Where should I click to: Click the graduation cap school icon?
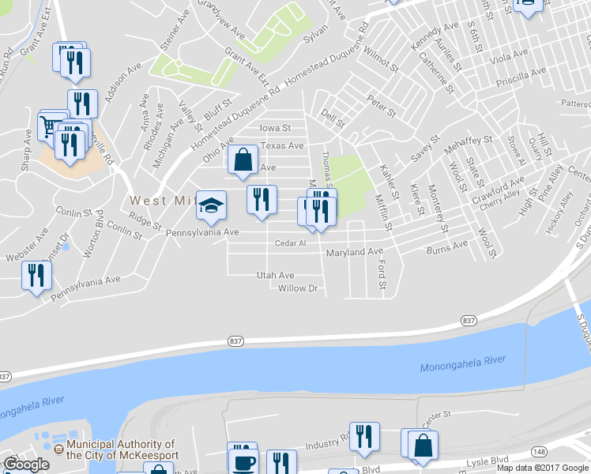point(211,205)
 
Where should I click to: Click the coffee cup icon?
point(243,462)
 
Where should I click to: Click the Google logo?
point(26,465)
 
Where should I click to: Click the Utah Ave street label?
point(275,275)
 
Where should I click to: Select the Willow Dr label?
point(297,288)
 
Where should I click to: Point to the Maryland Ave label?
point(354,252)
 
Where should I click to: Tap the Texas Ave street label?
point(282,146)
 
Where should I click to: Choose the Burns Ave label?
point(447,246)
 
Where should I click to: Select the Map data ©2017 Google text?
point(543,468)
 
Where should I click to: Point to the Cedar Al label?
point(290,243)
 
